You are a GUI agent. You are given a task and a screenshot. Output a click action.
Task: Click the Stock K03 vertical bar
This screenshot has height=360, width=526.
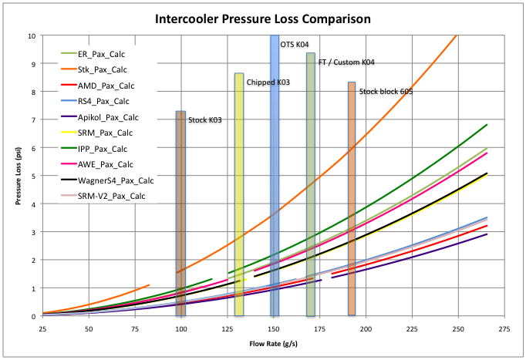pyautogui.click(x=180, y=216)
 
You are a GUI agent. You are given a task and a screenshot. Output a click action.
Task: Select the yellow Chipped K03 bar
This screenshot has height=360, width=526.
pyautogui.click(x=239, y=193)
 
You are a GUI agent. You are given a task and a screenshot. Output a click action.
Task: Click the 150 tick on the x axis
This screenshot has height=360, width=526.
pyautogui.click(x=274, y=328)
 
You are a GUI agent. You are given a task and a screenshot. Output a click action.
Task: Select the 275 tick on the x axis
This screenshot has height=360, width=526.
pyautogui.click(x=505, y=328)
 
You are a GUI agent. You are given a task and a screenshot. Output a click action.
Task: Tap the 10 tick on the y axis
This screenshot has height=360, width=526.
pyautogui.click(x=31, y=35)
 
